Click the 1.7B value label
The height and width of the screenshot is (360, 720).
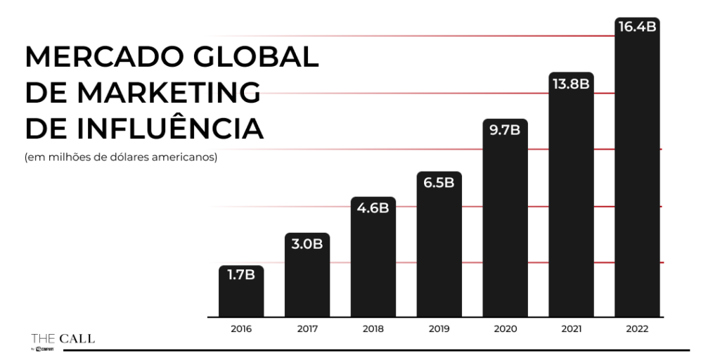[x=240, y=275]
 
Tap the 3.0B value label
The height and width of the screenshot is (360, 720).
[x=307, y=244]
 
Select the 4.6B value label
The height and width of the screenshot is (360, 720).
[x=373, y=208]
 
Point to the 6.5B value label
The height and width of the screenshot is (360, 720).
[x=439, y=183]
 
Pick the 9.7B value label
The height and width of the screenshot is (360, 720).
[x=505, y=130]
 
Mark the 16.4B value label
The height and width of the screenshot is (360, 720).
[x=637, y=28]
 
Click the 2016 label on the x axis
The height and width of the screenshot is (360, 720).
[x=241, y=329]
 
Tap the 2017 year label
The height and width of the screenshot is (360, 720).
[x=307, y=329]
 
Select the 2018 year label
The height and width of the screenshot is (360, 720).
[x=373, y=329]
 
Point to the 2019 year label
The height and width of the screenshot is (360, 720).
[x=439, y=329]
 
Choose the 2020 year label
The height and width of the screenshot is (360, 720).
[x=505, y=329]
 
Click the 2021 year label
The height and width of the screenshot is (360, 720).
[x=571, y=329]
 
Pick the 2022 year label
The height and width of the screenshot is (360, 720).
[x=637, y=329]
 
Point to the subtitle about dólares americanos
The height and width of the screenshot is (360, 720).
[x=121, y=157]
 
